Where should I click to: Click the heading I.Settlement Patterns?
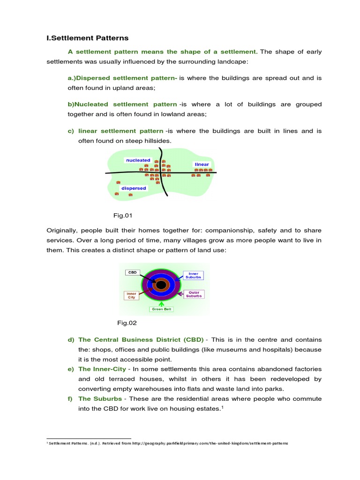coord(87,38)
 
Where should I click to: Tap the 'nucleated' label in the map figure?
coord(138,160)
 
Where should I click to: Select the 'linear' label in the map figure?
coord(202,165)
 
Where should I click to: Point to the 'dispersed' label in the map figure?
coord(134,188)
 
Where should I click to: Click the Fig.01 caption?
coord(123,216)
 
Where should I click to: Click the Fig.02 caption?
coord(127,323)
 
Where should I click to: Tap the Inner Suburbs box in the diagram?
coord(194,275)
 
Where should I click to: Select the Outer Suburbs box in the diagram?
coord(194,294)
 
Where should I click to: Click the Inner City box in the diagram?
coord(131,295)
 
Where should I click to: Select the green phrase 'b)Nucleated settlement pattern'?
coord(122,104)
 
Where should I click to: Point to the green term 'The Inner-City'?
coord(102,369)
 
